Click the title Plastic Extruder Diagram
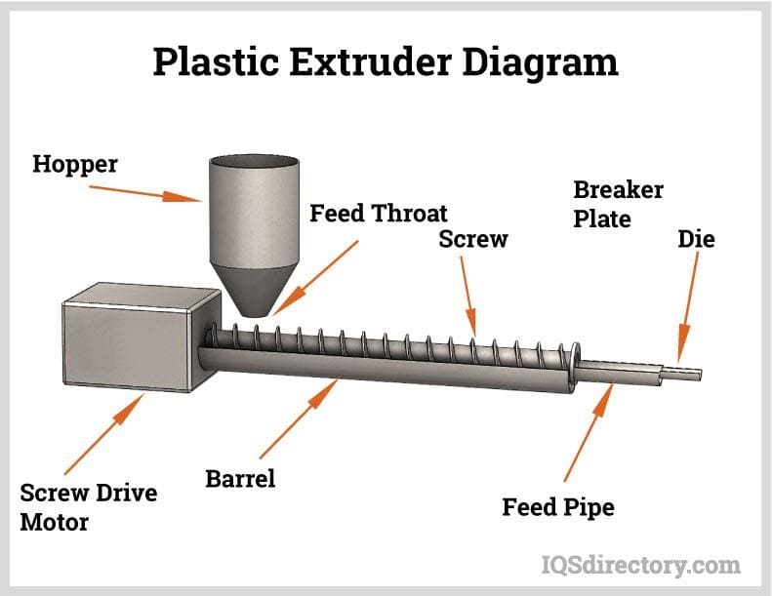pyautogui.click(x=386, y=61)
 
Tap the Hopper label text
pyautogui.click(x=74, y=163)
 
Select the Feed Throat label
pyautogui.click(x=379, y=213)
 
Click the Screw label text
pyautogui.click(x=473, y=239)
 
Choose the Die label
pyautogui.click(x=696, y=239)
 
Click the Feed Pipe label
pyautogui.click(x=558, y=507)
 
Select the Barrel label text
pyautogui.click(x=240, y=478)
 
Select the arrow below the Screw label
pyautogui.click(x=467, y=298)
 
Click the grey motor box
pyautogui.click(x=127, y=337)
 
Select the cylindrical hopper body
pyautogui.click(x=253, y=205)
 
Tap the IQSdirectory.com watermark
pyautogui.click(x=640, y=564)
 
